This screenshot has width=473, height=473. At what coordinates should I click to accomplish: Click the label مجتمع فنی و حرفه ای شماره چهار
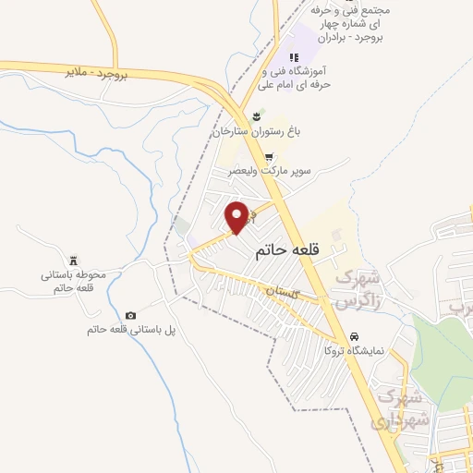pyautogui.click(x=355, y=25)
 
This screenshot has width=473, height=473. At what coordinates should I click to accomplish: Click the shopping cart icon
pyautogui.click(x=269, y=158)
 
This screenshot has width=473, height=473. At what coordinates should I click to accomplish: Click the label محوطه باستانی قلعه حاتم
pyautogui.click(x=75, y=282)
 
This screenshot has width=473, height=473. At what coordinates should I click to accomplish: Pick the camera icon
pyautogui.click(x=130, y=315)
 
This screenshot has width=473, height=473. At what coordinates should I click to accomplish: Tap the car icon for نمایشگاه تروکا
pyautogui.click(x=355, y=335)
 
